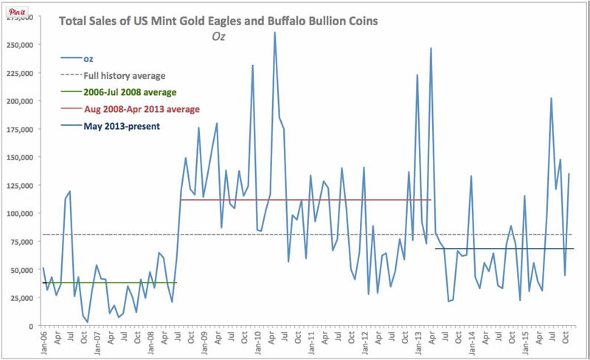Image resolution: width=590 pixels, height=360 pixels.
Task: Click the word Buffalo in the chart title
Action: pyautogui.click(x=292, y=21)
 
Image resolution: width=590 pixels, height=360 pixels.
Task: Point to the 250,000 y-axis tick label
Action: pyautogui.click(x=20, y=45)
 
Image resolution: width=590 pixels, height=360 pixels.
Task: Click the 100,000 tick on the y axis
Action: pyautogui.click(x=20, y=214)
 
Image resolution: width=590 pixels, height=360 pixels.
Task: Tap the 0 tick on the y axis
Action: pyautogui.click(x=31, y=326)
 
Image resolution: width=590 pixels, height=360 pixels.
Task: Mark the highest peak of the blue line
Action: pyautogui.click(x=274, y=32)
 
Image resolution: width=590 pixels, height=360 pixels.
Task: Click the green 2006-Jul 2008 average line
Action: pyautogui.click(x=111, y=283)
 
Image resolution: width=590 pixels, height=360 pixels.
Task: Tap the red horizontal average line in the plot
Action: pyautogui.click(x=306, y=200)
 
